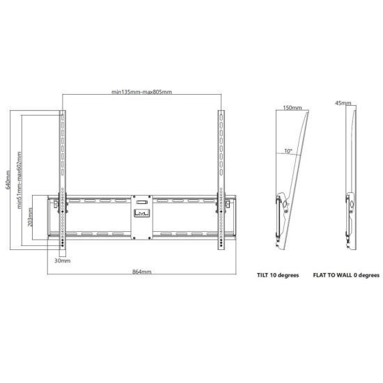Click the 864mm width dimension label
pos(141,272)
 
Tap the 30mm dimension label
pos(62,260)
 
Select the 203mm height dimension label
pos(30,217)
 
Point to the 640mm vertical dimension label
pos(8,180)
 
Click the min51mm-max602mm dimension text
pos(19,180)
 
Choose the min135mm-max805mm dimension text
pos(141,92)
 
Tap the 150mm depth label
pos(292,108)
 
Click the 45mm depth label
pos(343,103)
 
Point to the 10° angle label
pos(288,151)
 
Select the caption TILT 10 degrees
pos(278,275)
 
